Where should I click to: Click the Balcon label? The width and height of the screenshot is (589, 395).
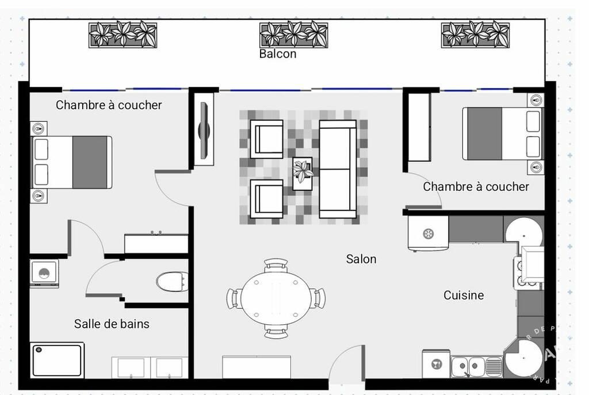[278, 54]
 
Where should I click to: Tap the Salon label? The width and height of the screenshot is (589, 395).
[361, 259]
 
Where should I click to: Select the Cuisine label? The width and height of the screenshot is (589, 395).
[464, 296]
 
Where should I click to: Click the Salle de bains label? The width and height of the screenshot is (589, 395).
[112, 324]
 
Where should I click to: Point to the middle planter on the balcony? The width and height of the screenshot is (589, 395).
[293, 34]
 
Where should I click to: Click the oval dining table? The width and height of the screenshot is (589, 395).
[276, 298]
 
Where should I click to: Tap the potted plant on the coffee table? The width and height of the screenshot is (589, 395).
[303, 171]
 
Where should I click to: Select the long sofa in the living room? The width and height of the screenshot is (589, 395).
[338, 169]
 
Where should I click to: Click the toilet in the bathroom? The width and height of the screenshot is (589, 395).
[171, 282]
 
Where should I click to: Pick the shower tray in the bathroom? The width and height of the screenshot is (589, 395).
[57, 361]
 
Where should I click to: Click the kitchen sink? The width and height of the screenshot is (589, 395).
[468, 366]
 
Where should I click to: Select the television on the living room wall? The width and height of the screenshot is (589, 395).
[204, 130]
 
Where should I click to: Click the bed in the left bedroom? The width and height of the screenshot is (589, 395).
[71, 162]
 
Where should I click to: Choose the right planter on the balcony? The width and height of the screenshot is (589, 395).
[475, 34]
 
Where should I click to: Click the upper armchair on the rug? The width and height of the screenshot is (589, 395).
[266, 139]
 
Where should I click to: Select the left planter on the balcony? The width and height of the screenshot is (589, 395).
[123, 34]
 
